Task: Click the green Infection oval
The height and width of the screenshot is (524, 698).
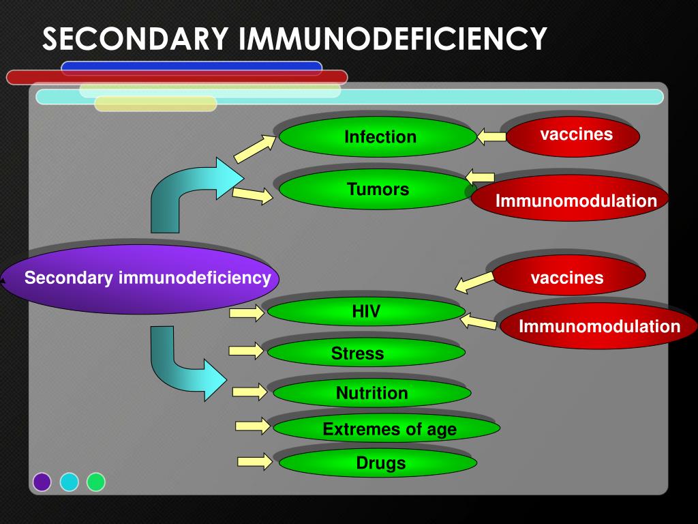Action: [378, 136]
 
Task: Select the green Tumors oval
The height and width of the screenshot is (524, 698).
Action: [376, 190]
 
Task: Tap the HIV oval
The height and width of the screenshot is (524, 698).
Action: [366, 311]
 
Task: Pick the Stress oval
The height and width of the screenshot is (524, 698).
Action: [366, 352]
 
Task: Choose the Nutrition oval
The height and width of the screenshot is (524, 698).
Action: [372, 392]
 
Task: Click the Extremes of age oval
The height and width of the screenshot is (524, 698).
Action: [386, 428]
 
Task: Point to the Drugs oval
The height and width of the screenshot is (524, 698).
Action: [378, 462]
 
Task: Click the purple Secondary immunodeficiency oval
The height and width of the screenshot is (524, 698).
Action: [140, 279]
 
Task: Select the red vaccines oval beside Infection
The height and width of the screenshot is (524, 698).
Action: [573, 136]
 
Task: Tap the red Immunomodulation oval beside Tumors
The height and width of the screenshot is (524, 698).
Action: [570, 199]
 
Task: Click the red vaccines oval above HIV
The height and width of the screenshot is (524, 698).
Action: [569, 275]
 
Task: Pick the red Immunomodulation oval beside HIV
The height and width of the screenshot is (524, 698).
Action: [598, 325]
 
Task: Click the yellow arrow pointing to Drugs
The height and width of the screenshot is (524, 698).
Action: [255, 462]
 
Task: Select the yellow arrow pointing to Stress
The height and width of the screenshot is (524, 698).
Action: [246, 351]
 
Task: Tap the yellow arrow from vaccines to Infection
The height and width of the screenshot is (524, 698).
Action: [491, 136]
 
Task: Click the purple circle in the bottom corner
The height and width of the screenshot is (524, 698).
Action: [42, 482]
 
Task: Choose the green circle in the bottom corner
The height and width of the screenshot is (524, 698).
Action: [95, 482]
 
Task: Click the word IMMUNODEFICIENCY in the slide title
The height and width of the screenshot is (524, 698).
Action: [393, 39]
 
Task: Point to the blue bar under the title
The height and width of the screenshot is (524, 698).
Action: [192, 68]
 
